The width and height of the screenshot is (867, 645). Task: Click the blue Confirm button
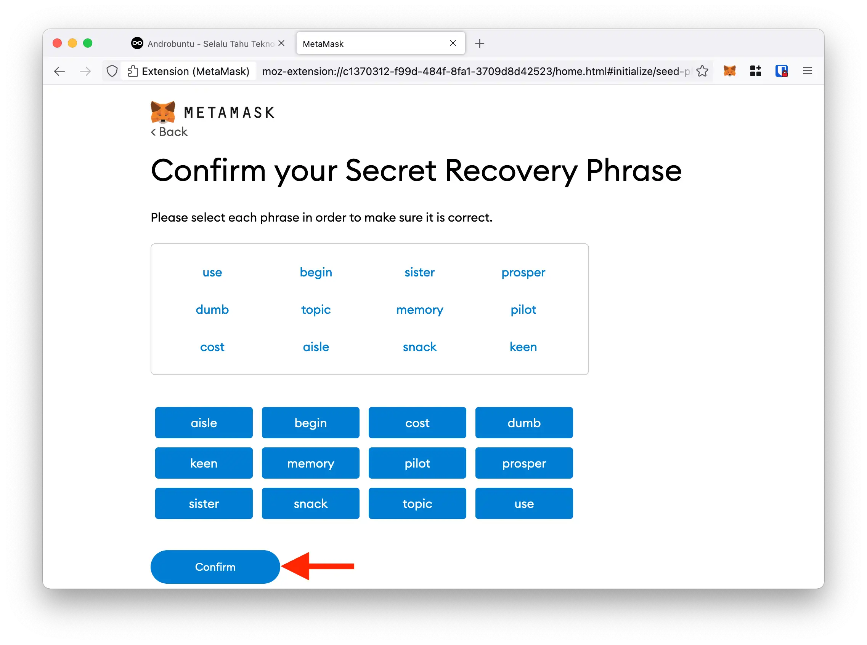(215, 567)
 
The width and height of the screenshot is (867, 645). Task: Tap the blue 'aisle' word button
(204, 423)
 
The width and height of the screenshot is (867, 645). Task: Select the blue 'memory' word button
(310, 463)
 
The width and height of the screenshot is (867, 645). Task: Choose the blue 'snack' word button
(310, 503)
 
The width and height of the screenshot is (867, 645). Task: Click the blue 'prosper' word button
(524, 463)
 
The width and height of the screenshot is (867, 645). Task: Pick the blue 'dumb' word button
(524, 423)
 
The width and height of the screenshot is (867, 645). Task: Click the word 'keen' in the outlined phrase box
(523, 347)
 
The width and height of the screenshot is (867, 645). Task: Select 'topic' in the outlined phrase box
(316, 310)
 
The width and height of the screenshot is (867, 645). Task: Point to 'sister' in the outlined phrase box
(419, 272)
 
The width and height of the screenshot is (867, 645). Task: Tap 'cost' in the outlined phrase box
(212, 347)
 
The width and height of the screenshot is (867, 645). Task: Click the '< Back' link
(169, 132)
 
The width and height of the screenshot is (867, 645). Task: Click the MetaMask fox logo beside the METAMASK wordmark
(163, 112)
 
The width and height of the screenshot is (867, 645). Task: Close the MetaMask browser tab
(453, 43)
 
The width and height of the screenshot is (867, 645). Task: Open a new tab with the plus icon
(480, 43)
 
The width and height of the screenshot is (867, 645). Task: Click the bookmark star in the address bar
(702, 71)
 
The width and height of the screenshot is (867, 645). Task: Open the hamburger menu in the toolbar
(807, 71)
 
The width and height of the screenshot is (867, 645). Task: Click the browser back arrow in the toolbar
(59, 71)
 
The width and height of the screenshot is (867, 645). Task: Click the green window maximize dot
(88, 43)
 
